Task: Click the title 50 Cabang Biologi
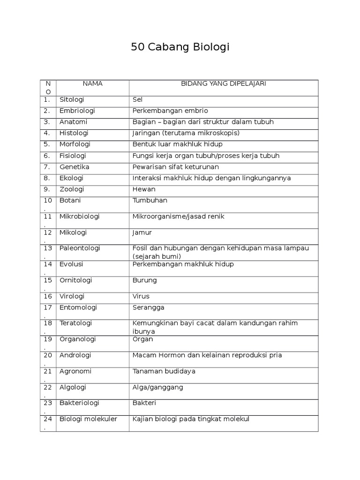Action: coord(180,48)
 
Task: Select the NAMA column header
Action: coord(92,84)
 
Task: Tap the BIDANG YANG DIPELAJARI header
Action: coord(224,84)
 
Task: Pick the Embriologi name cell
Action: coord(77,111)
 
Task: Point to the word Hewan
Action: coord(144,189)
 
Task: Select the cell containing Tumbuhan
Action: coord(150,201)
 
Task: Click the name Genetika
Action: coord(75,167)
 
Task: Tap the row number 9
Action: coord(47,189)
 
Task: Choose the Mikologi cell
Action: coord(73,232)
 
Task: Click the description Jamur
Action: coord(142,232)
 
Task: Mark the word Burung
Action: coord(145,280)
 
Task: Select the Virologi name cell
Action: coord(72,296)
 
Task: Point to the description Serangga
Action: coord(149,307)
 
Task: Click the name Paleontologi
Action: coord(80,248)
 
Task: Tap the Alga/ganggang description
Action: coord(158,387)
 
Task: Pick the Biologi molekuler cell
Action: coord(88,419)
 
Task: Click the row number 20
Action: coord(48,355)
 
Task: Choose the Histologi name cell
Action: coord(74,133)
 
